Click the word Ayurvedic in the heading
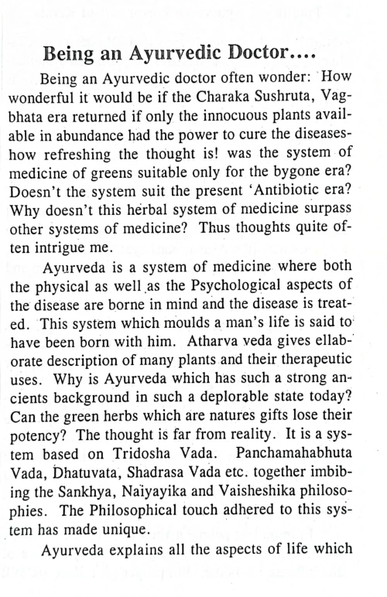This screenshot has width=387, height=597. [x=182, y=55]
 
